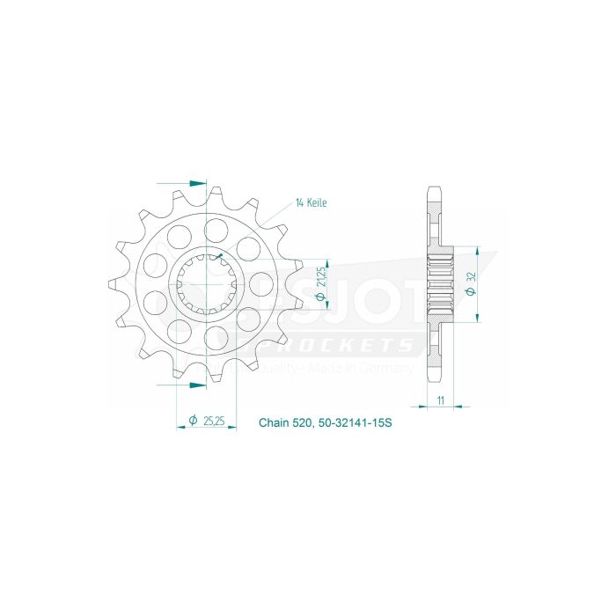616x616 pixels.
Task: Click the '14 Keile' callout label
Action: [312, 202]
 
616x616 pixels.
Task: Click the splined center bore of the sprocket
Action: [207, 283]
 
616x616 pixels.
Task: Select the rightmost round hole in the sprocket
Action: [261, 283]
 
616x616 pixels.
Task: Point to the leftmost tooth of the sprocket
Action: [114, 283]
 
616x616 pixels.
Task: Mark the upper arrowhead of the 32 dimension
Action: [473, 250]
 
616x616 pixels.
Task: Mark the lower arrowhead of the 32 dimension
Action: [473, 316]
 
